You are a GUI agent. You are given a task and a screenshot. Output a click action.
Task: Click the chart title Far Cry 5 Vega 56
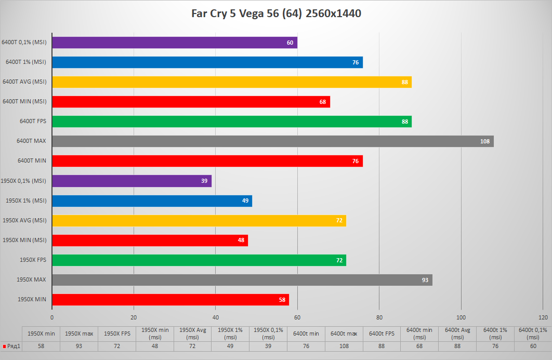click(x=275, y=14)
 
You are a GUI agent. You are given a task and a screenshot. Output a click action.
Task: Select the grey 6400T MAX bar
click(x=272, y=141)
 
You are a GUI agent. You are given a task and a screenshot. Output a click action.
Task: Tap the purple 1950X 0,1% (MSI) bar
click(x=132, y=181)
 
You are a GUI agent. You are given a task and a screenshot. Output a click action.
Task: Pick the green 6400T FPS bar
click(x=231, y=122)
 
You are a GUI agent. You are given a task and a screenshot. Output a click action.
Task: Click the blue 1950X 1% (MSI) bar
click(x=152, y=201)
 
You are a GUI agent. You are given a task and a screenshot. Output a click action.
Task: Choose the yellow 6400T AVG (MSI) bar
click(x=231, y=82)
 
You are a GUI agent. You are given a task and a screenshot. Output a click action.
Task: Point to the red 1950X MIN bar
click(x=170, y=300)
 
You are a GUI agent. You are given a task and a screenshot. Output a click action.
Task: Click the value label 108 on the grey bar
click(x=485, y=141)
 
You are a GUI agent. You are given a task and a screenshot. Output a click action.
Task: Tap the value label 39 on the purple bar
click(x=204, y=181)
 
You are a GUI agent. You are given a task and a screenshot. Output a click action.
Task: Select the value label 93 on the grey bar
click(x=425, y=280)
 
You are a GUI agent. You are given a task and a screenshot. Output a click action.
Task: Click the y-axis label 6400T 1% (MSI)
click(x=26, y=62)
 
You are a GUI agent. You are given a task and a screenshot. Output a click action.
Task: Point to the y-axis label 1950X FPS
click(x=33, y=260)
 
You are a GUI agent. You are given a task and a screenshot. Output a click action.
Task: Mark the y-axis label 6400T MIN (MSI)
click(x=24, y=101)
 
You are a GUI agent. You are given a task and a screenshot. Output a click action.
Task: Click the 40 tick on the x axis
click(x=216, y=317)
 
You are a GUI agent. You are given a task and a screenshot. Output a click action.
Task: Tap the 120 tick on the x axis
click(x=543, y=317)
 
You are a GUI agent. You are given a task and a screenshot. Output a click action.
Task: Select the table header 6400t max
click(x=344, y=333)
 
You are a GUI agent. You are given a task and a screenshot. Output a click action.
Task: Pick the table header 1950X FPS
click(x=117, y=333)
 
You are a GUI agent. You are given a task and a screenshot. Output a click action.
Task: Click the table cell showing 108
click(x=344, y=346)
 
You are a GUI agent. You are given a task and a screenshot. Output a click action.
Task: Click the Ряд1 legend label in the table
click(x=12, y=346)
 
